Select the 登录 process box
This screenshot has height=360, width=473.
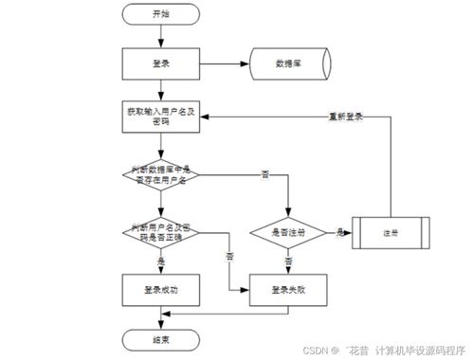point(160,63)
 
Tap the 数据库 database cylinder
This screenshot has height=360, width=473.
point(287,63)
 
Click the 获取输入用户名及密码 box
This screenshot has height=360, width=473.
point(160,117)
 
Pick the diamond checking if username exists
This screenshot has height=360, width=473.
point(160,174)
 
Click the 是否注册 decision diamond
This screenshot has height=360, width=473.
point(287,231)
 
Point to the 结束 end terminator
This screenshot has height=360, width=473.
point(160,338)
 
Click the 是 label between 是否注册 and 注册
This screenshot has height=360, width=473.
point(339,230)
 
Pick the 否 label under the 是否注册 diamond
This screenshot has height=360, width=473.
point(288,260)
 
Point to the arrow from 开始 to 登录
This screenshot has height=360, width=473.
point(160,34)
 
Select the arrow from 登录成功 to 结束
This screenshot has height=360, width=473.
point(160,315)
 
